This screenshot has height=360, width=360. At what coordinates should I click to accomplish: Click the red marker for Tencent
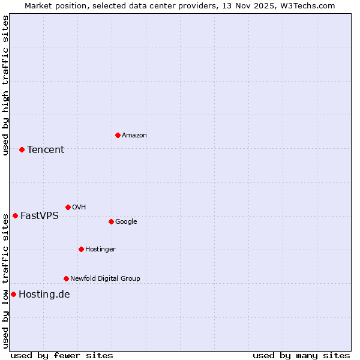[22, 149]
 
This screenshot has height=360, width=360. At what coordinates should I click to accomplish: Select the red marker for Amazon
[118, 135]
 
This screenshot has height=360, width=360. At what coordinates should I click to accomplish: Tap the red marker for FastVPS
[15, 215]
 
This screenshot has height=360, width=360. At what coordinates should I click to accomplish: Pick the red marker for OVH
[68, 207]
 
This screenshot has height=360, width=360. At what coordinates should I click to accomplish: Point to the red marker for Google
[111, 221]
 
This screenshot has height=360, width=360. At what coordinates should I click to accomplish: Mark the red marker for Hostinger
[81, 249]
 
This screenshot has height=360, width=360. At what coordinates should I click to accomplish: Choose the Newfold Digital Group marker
[66, 278]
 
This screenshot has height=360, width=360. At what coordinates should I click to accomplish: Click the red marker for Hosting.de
[13, 294]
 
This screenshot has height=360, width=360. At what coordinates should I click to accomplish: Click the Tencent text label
[46, 149]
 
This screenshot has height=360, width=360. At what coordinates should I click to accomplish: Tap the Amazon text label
[134, 135]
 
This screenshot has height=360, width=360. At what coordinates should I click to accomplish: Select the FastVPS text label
[40, 215]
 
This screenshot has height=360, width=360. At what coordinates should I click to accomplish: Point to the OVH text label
[79, 207]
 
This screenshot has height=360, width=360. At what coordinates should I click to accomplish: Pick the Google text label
[126, 221]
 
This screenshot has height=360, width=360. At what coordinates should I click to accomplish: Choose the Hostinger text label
[100, 249]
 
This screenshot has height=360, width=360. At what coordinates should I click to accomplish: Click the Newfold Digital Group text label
[105, 278]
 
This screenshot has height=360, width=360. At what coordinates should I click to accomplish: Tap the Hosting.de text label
[44, 294]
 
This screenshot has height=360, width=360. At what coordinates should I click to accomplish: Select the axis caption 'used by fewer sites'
[62, 355]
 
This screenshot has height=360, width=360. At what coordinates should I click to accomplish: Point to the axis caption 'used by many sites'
[301, 355]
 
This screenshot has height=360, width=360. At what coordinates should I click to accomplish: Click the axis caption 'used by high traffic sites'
[5, 85]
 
